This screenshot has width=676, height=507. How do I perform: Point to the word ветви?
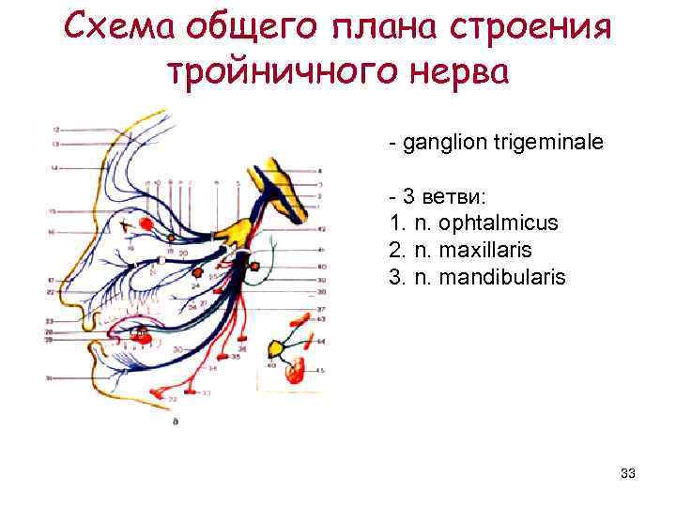452,197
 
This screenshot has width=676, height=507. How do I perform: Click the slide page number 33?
628,474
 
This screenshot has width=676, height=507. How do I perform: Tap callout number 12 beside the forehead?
56,128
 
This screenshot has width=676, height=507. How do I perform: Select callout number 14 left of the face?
54,167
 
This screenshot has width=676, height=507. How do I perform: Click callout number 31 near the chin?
49,377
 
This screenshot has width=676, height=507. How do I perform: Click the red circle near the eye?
147,223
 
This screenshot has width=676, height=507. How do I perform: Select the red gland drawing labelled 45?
297,370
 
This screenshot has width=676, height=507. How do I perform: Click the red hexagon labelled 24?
196,272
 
